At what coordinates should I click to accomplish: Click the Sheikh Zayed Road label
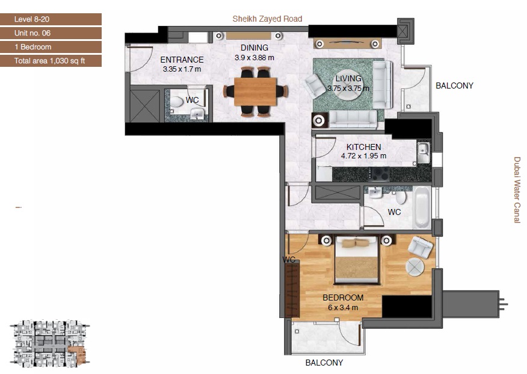[x=268, y=19]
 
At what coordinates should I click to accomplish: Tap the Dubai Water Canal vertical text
[x=516, y=190]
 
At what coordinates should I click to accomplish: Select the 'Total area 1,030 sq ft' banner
[x=51, y=61]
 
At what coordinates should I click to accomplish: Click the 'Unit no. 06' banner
[x=51, y=33]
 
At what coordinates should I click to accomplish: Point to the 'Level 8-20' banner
[x=51, y=19]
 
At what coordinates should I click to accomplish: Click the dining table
[x=255, y=91]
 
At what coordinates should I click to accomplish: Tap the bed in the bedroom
[x=356, y=260]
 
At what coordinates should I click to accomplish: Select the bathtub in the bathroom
[x=422, y=207]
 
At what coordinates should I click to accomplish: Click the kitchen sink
[x=423, y=153]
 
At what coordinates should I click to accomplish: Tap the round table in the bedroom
[x=415, y=266]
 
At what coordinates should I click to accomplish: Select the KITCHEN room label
[x=363, y=147]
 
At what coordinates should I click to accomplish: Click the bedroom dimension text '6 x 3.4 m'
[x=343, y=307]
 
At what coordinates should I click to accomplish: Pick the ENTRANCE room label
[x=182, y=60]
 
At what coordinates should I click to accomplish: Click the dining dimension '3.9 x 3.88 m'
[x=254, y=58]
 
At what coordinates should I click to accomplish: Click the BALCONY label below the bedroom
[x=324, y=363]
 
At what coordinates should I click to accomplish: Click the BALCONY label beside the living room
[x=454, y=86]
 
